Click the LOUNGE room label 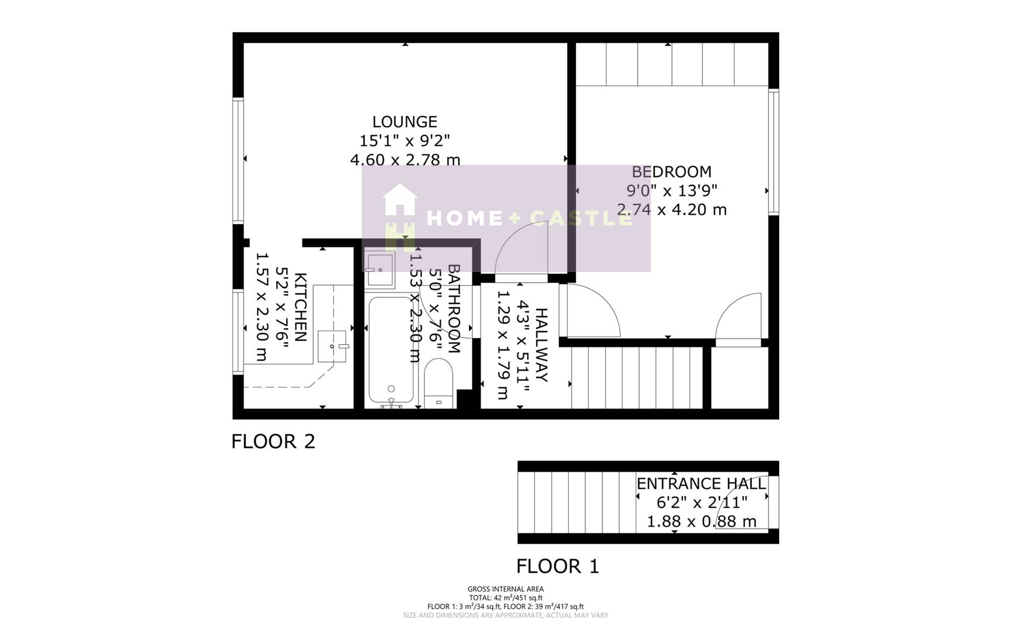coord(404,122)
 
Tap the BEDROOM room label coord(671,172)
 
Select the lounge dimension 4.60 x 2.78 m coord(404,159)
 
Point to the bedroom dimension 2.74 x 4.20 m coord(671,209)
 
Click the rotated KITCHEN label coord(300,307)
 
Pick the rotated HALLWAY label coord(541,345)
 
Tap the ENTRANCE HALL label coord(701,484)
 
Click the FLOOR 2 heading coord(273,441)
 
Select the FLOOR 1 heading coord(557,566)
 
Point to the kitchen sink coord(332,346)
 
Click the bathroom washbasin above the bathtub coord(380,269)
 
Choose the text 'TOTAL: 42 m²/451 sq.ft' coord(505,598)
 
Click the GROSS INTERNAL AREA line coord(505,589)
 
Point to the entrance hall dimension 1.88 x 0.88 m coord(701,521)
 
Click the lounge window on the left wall coord(238,160)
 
